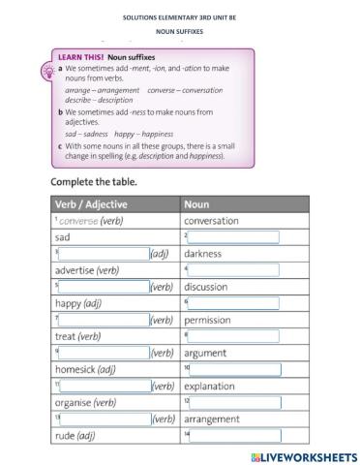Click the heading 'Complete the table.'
point(94,181)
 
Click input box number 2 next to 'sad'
point(233,237)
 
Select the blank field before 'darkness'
point(104,254)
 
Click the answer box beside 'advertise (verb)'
point(233,270)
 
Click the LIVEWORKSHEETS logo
point(303,455)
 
